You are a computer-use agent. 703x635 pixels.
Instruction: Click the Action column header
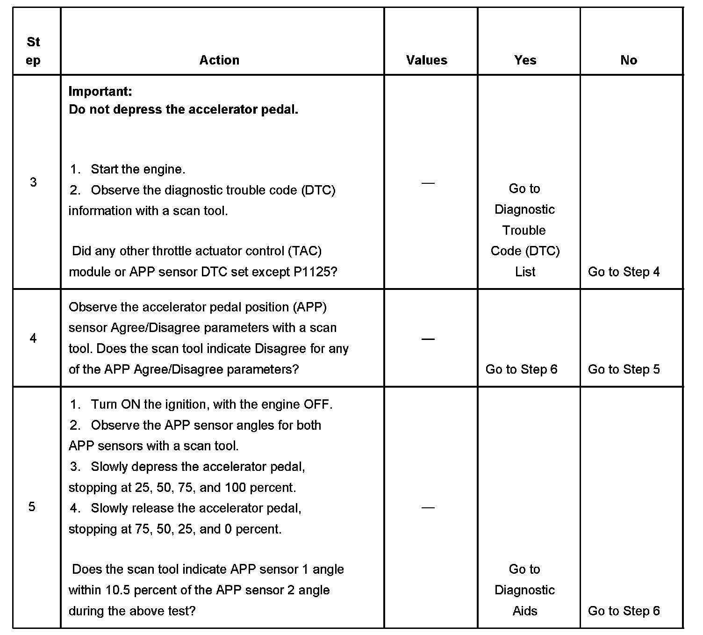[x=219, y=60]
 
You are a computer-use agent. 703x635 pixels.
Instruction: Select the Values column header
[x=426, y=60]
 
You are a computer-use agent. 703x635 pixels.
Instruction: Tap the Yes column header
[x=525, y=60]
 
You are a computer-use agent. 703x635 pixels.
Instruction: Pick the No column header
[x=629, y=60]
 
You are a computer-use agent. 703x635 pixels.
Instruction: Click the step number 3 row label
[x=33, y=182]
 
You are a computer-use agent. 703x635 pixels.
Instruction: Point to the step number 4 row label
[x=33, y=338]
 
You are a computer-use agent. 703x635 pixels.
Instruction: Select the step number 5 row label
[x=32, y=507]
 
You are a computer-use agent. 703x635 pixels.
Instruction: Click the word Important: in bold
[x=100, y=91]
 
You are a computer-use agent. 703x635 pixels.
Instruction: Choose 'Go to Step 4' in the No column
[x=624, y=272]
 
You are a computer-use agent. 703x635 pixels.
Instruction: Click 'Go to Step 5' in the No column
[x=624, y=369]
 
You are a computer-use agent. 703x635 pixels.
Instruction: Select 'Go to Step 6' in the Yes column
[x=521, y=369]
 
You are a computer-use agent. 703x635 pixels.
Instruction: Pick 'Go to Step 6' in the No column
[x=624, y=611]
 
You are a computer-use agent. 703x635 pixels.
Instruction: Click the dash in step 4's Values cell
[x=428, y=339]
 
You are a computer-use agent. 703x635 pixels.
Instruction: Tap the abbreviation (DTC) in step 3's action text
[x=318, y=190]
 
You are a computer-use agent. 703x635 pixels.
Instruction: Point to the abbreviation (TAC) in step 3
[x=305, y=251]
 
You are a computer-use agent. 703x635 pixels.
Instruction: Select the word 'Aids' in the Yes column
[x=525, y=611]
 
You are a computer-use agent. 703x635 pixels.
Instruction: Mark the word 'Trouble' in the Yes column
[x=524, y=231]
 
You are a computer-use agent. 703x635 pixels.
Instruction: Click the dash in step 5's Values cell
[x=428, y=507]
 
